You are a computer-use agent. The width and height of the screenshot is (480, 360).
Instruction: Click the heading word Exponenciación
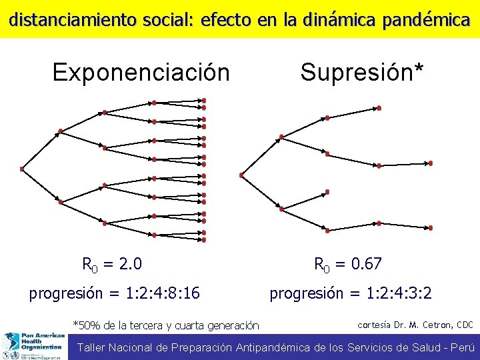141,72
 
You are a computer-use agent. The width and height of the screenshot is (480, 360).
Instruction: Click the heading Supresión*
361,72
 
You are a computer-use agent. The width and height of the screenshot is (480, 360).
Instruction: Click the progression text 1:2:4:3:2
392,293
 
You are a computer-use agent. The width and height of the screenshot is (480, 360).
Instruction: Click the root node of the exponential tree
22,169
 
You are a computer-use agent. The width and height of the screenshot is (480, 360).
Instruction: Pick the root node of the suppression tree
241,175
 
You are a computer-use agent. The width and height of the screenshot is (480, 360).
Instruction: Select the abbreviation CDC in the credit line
464,325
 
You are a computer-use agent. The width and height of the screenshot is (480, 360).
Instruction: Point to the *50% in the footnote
85,326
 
